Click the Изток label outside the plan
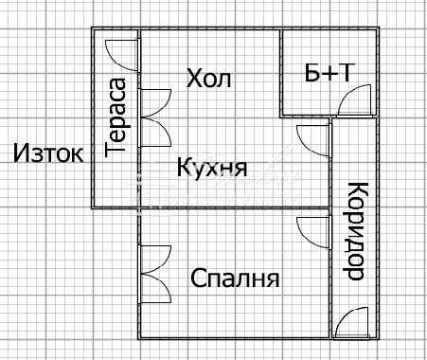click(x=48, y=153)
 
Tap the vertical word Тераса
click(x=117, y=117)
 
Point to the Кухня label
click(x=212, y=169)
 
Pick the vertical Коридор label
click(x=354, y=231)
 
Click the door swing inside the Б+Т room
click(x=358, y=99)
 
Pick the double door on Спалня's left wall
click(x=154, y=275)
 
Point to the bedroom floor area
click(x=237, y=308)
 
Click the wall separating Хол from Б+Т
click(x=282, y=71)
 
